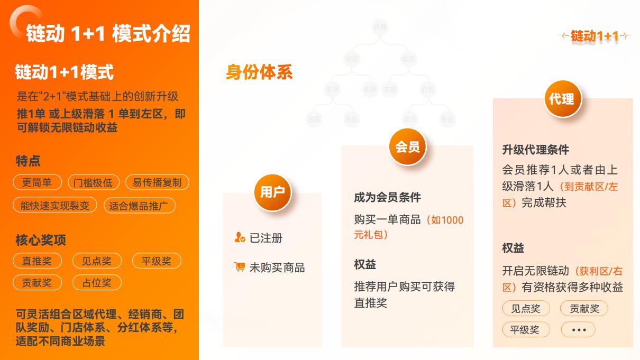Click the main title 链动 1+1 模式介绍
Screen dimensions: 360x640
point(108,34)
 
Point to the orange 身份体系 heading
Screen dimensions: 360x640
point(259,72)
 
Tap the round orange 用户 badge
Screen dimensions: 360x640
point(272,192)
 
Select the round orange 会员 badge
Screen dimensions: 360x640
point(407,147)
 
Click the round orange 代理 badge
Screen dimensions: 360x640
point(562,98)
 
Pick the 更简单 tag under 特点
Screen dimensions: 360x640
point(37,182)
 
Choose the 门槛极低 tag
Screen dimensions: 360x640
point(93,183)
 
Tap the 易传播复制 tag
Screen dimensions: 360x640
point(157,182)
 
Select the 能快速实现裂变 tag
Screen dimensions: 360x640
point(55,205)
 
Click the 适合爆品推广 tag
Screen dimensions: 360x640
point(139,206)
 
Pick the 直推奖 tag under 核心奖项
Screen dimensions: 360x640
point(37,261)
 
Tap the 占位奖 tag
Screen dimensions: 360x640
point(97,282)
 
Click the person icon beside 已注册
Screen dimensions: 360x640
point(239,238)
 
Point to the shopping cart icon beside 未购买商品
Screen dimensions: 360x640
point(240,267)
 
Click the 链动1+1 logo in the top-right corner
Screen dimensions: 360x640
point(595,36)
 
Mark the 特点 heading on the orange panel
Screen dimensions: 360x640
point(28,161)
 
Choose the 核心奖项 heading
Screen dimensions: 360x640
point(41,240)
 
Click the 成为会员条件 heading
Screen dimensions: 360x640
point(387,198)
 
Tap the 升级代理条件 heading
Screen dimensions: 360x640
point(535,150)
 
